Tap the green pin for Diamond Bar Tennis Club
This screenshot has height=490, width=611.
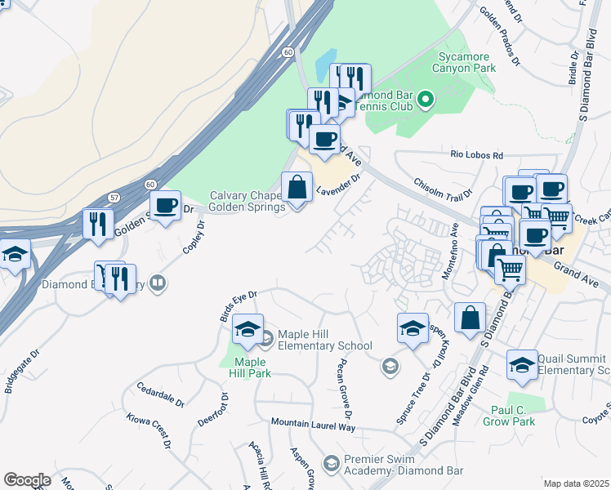point(425,100)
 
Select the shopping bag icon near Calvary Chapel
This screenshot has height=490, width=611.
point(297,188)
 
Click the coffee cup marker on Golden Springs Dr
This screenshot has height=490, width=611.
point(166,206)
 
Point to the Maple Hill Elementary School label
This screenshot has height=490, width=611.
point(325,340)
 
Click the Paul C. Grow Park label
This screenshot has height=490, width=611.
point(513,416)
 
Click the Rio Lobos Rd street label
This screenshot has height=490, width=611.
point(477,154)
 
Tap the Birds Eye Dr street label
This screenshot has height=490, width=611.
point(239,305)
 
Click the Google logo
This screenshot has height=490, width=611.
point(27,480)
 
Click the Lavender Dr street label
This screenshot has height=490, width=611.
point(339,185)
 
